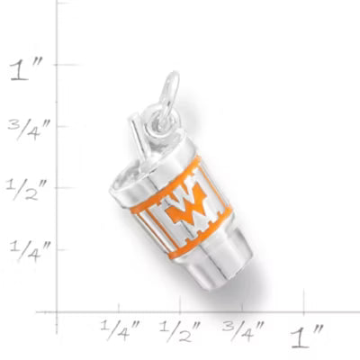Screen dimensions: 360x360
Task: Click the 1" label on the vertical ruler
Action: [26, 71]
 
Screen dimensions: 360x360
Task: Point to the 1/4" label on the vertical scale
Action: [30, 251]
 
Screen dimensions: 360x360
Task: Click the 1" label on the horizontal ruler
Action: [307, 337]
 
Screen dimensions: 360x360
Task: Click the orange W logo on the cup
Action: [186, 205]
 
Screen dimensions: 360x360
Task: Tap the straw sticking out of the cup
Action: [137, 135]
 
